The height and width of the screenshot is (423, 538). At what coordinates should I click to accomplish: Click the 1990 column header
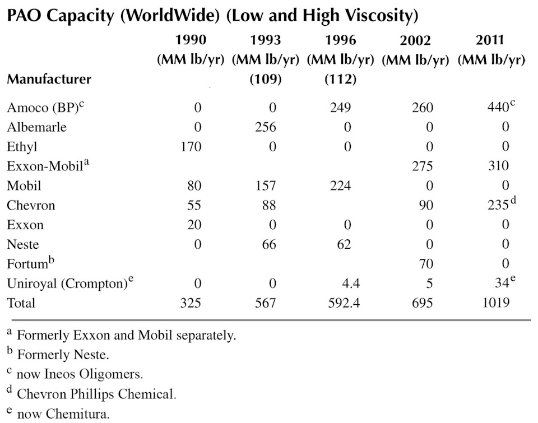(x=191, y=40)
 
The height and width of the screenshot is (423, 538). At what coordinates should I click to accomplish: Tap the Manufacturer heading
(x=49, y=80)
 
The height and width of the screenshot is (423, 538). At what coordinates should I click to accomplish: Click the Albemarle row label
(x=36, y=127)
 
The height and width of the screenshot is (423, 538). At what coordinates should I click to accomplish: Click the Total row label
(x=21, y=303)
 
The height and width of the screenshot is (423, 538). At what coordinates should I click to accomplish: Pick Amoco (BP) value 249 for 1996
(x=340, y=108)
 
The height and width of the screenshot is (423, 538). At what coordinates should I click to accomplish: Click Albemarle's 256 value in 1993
(x=265, y=127)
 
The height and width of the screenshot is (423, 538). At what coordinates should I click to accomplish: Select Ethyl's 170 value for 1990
(x=191, y=147)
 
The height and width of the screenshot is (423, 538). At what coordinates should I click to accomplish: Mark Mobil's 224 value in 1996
(x=340, y=186)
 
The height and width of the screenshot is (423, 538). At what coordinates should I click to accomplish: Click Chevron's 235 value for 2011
(x=497, y=206)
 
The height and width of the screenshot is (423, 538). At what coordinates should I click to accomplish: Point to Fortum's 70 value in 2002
(x=426, y=264)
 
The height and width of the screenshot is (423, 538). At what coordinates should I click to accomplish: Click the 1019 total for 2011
(x=494, y=303)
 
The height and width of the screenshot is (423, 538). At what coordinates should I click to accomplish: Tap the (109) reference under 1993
(x=266, y=80)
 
